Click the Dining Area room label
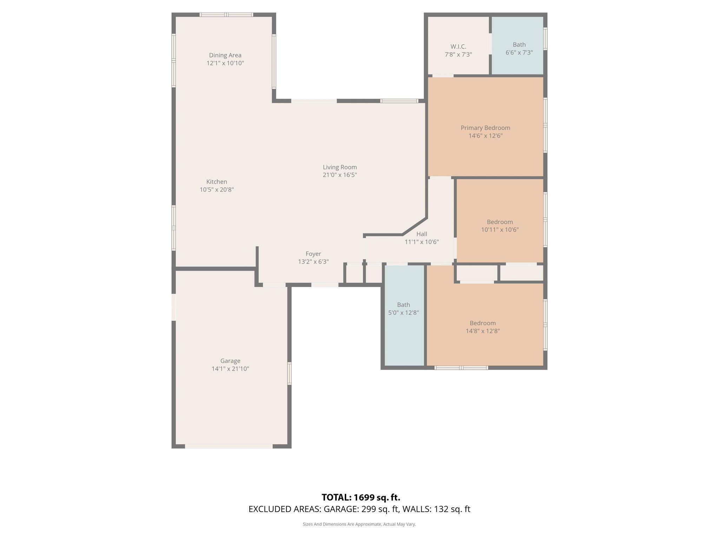225,55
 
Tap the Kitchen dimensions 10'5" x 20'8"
217,190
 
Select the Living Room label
339,167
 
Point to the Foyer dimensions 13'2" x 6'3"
313,262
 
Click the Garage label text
230,361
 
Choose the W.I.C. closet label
458,47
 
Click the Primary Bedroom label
485,128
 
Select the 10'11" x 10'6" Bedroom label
500,226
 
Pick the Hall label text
422,234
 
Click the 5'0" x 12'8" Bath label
403,309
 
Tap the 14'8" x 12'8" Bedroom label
483,327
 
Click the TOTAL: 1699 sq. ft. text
361,497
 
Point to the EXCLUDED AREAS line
359,509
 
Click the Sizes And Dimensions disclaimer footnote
359,524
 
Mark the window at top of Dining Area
226,15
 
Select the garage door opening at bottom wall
229,446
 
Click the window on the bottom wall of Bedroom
461,368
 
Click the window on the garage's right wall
289,374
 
